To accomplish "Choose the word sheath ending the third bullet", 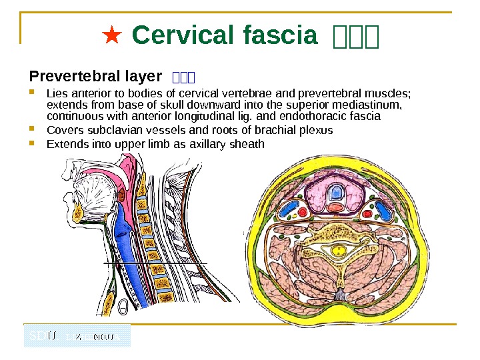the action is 247,144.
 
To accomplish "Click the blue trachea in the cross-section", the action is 337,194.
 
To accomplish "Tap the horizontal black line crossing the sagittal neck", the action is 155,263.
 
